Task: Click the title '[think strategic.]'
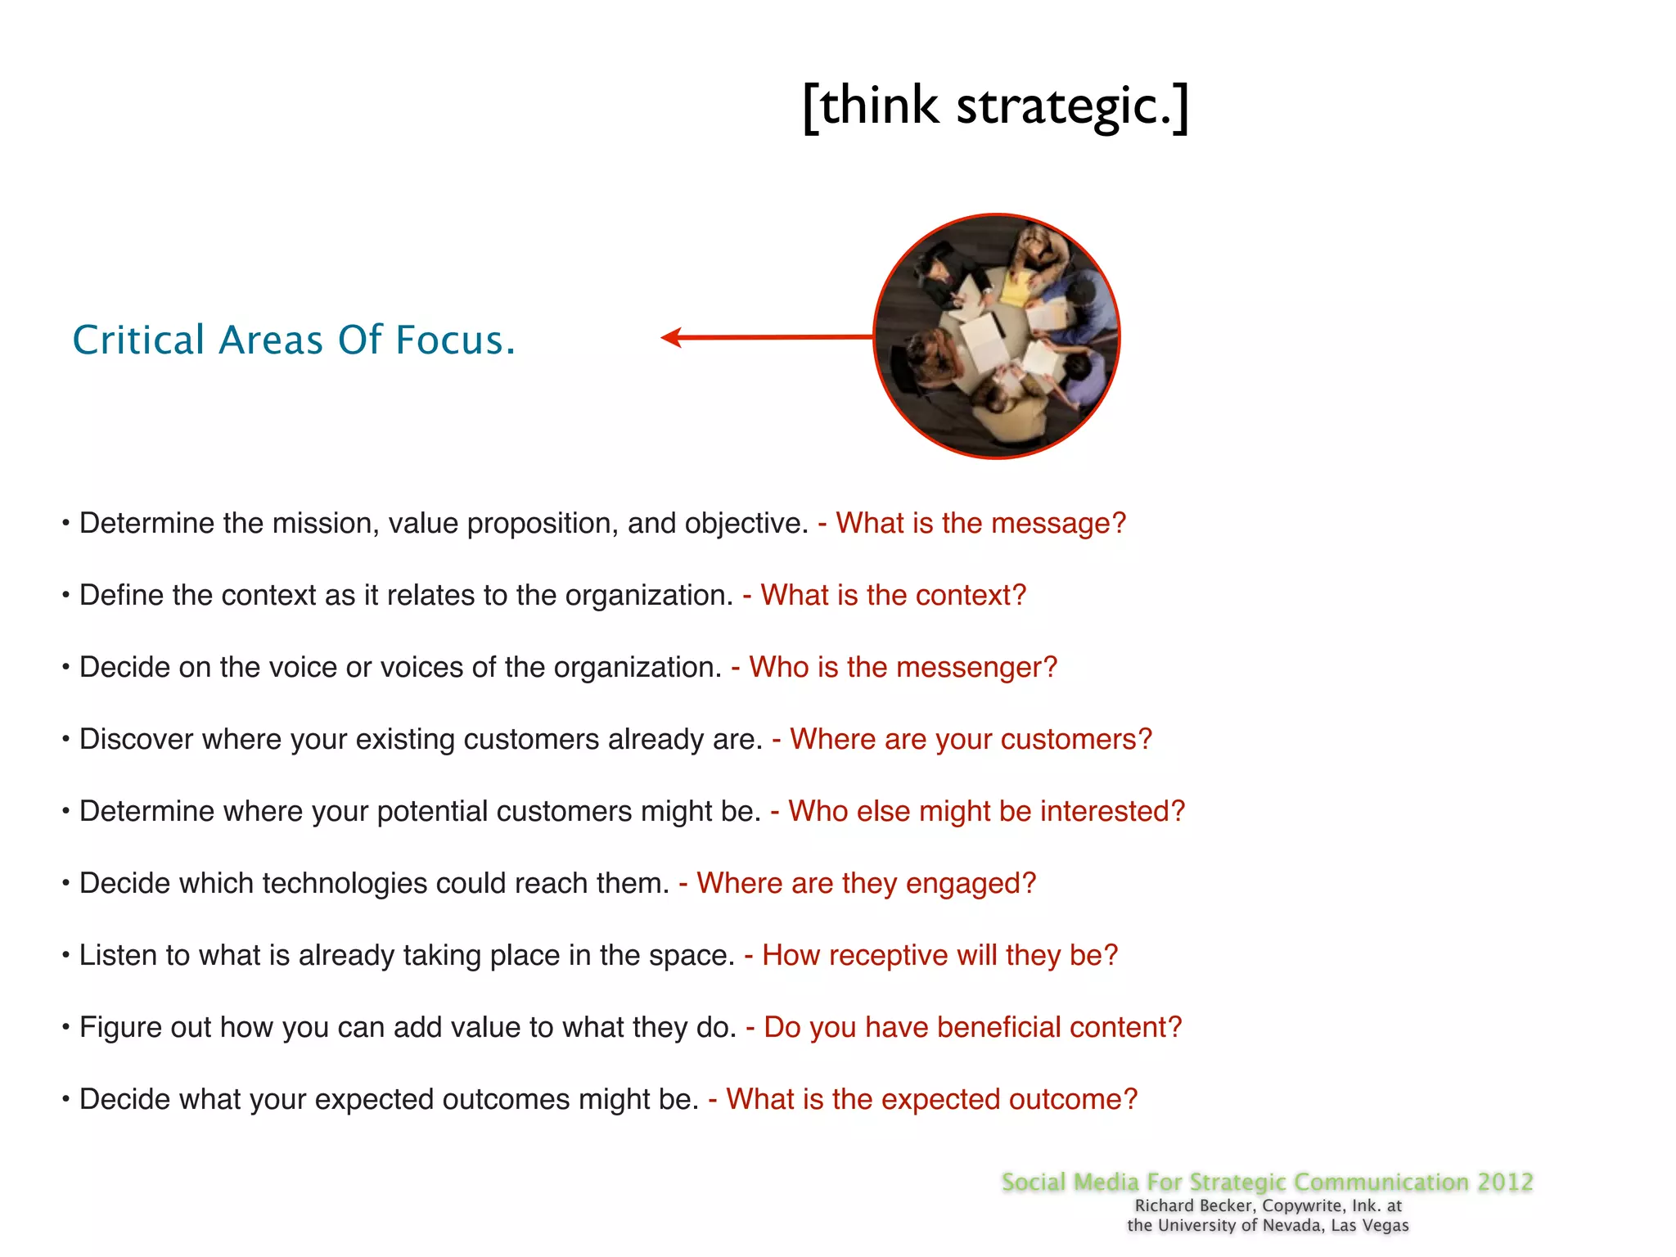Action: (x=995, y=106)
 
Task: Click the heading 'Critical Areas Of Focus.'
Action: (x=294, y=340)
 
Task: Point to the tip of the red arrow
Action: (x=664, y=337)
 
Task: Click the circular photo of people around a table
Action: (x=996, y=336)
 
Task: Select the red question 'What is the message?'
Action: (x=980, y=523)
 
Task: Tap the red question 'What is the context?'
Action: (x=893, y=595)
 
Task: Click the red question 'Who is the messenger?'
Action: (x=903, y=667)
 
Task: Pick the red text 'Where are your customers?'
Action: (x=971, y=739)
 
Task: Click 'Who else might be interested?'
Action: (x=986, y=811)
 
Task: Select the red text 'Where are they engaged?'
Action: (x=866, y=883)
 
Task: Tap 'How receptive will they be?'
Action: (x=939, y=955)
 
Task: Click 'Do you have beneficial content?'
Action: (x=972, y=1027)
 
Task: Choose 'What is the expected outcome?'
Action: (x=931, y=1099)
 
